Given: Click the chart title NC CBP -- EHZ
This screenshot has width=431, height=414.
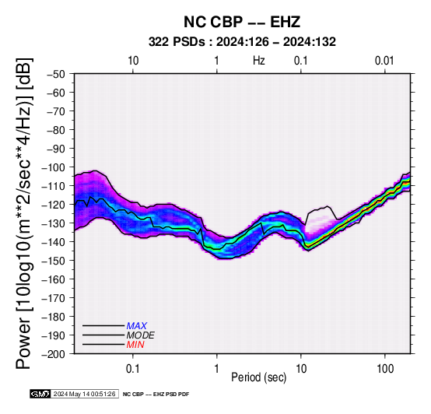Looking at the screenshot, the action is coord(242,22).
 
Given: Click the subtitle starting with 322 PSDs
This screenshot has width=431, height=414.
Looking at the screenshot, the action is coord(242,42).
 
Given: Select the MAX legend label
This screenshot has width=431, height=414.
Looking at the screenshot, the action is coord(137,326).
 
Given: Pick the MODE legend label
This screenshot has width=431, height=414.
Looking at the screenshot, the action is coord(141,335).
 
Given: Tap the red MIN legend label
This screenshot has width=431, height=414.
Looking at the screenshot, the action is coord(135,345).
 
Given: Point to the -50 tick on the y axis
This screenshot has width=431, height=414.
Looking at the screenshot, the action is coord(56,74).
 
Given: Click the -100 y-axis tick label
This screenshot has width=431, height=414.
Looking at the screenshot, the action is coord(54,167).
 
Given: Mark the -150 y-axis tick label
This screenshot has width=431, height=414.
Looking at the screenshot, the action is coord(54,261).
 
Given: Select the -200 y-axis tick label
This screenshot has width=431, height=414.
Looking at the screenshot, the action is coord(54,354).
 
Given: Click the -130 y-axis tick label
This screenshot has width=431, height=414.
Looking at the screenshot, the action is coord(54,223).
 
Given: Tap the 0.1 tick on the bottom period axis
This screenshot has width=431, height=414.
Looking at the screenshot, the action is coord(133,369).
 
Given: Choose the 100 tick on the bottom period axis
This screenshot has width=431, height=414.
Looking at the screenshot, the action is coord(385,369).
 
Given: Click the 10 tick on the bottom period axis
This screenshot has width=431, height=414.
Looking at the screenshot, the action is coord(301,369).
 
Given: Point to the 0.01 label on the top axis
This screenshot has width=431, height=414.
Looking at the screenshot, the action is coord(384,61).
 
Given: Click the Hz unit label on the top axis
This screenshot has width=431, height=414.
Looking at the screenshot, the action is coord(259,61).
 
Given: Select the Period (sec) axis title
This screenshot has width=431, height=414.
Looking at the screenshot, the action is coord(259,377).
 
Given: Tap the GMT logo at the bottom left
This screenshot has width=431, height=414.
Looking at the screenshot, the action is coord(40,394).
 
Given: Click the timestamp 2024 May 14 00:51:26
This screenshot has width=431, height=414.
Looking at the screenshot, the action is coord(85,394).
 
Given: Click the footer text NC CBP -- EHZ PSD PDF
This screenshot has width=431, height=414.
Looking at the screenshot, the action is coord(156,395).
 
